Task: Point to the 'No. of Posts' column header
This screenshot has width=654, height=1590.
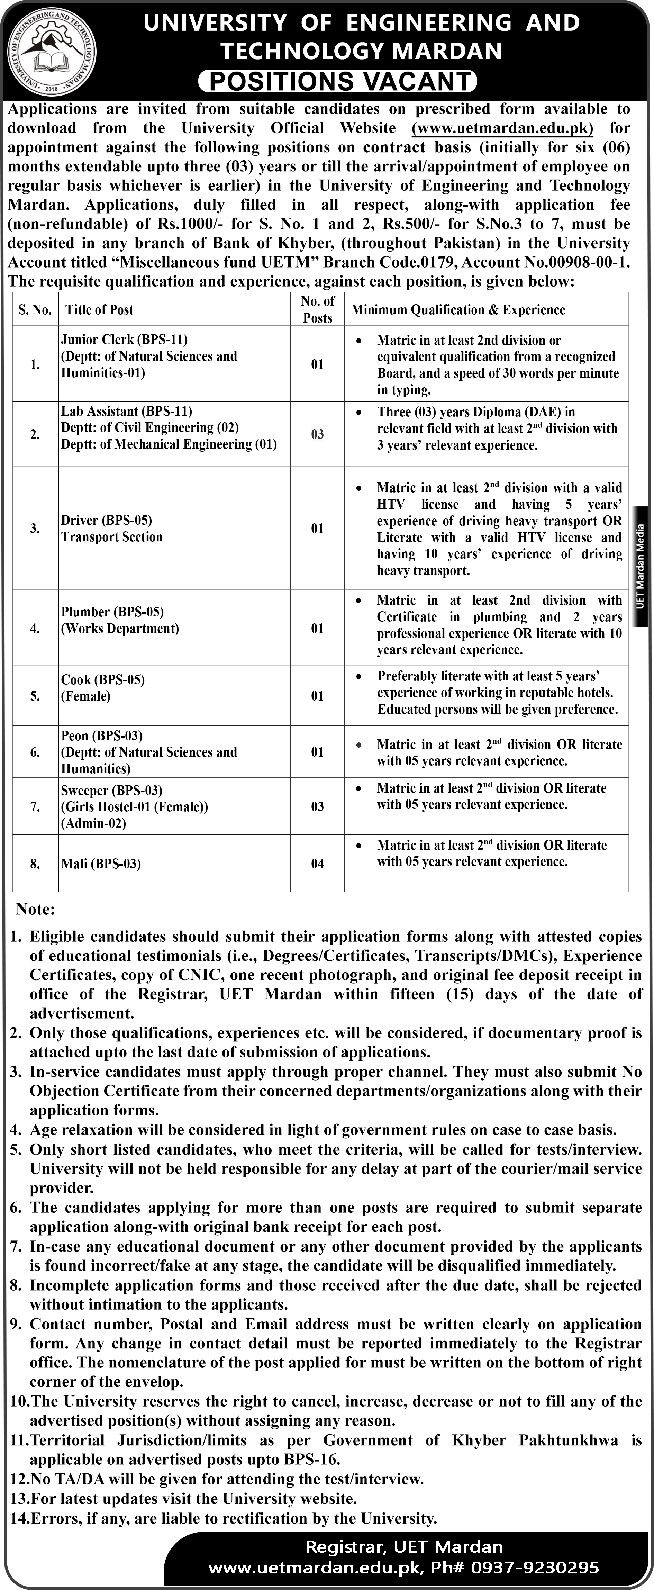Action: (317, 309)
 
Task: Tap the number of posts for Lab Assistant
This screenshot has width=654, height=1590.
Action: (317, 434)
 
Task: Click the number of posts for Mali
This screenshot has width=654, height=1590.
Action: (317, 864)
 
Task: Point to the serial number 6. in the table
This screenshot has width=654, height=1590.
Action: (35, 752)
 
